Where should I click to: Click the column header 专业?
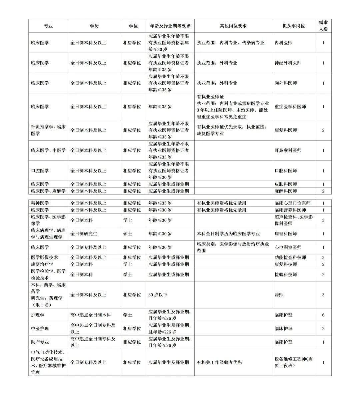[x=48, y=26]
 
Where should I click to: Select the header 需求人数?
[x=323, y=26]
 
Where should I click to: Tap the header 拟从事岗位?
[x=293, y=26]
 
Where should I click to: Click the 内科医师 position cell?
[x=283, y=43]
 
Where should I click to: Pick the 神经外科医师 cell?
[x=288, y=63]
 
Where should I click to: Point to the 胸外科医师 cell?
[x=286, y=83]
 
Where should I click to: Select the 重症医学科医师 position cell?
[x=290, y=107]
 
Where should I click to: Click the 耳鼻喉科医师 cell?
[x=288, y=150]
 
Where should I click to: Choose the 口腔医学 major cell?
[x=40, y=171]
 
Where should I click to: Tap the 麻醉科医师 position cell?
[x=286, y=191]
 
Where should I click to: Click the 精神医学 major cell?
[x=40, y=203]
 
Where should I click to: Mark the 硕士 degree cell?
[x=127, y=234]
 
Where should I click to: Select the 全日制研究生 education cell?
[x=84, y=234]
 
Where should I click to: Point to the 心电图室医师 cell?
[x=288, y=247]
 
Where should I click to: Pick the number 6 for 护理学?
[x=323, y=315]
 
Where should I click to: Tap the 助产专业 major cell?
[x=40, y=342]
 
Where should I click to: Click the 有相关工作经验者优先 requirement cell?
[x=219, y=362]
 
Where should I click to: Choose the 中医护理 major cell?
[x=40, y=328]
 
